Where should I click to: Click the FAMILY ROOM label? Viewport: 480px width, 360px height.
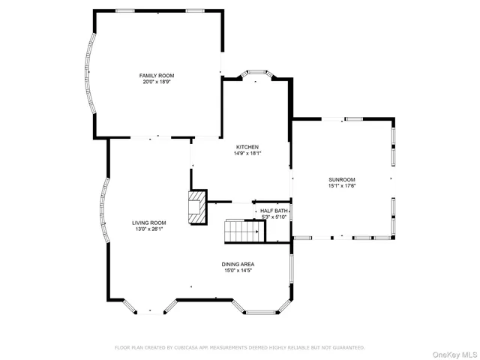pos(157,76)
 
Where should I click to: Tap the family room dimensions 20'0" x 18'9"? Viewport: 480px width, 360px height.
pos(157,82)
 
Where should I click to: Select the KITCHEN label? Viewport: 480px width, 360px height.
pos(247,147)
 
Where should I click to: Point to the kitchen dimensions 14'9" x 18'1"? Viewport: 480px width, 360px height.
pos(247,153)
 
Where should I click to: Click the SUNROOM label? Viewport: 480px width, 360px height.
pos(341,180)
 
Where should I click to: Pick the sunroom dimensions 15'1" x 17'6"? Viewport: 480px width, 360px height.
pos(341,186)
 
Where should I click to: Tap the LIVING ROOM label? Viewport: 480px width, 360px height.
pos(149,223)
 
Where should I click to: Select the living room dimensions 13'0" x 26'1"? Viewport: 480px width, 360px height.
pos(149,229)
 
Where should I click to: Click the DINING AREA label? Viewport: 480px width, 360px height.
pos(238,264)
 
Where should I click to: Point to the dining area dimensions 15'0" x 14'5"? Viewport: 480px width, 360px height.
pos(238,270)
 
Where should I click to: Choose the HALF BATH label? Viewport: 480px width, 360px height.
pos(274,211)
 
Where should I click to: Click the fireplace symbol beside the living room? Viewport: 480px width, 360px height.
pos(196,207)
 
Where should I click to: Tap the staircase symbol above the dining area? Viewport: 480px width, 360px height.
pos(244,231)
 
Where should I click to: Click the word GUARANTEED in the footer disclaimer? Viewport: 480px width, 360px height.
pos(349,348)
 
